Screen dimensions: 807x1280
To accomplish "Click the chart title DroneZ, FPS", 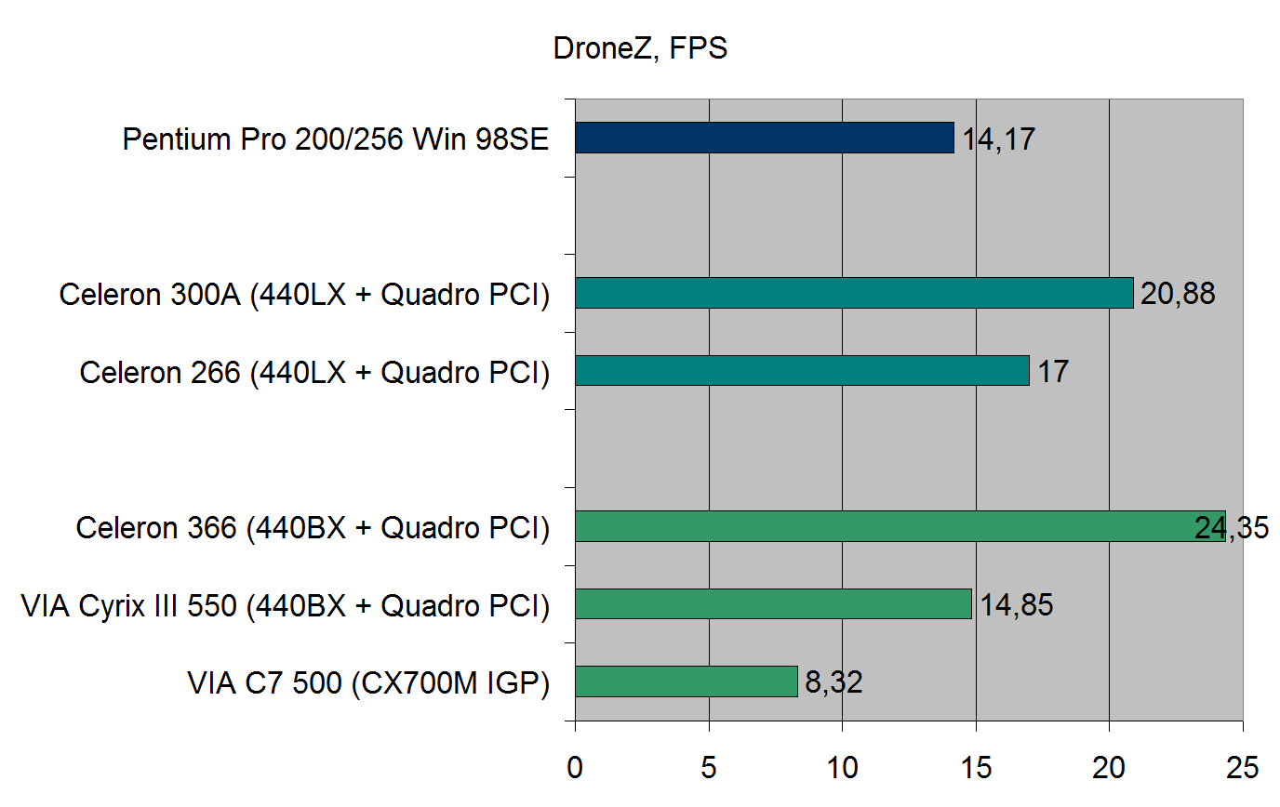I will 640,48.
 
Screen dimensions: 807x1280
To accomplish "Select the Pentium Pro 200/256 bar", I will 764,138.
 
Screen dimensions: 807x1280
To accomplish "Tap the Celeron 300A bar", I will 854,293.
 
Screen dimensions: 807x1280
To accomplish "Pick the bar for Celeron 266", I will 802,371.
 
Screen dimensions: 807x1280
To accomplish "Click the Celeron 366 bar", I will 900,526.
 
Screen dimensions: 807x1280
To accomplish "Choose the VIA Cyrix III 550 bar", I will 773,604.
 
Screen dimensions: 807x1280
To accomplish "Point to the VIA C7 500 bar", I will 687,681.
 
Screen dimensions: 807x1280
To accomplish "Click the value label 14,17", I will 998,140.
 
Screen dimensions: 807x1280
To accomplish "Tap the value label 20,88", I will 1179,296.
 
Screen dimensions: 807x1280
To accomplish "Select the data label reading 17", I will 1053,374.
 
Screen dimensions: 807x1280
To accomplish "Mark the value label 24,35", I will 1231,529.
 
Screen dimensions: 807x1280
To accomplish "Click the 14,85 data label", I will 1016,606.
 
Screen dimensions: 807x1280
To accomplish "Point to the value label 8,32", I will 834,684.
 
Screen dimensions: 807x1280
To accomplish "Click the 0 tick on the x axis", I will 576,768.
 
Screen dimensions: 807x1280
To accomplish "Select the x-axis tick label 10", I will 842,768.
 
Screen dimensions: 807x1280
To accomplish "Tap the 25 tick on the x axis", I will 1242,768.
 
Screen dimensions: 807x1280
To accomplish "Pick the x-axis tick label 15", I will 976,768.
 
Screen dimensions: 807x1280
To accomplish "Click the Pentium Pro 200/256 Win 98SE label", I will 336,140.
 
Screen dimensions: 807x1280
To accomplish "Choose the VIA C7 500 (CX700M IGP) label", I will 367,684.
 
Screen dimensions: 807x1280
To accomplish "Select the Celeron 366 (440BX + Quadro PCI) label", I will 313,529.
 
